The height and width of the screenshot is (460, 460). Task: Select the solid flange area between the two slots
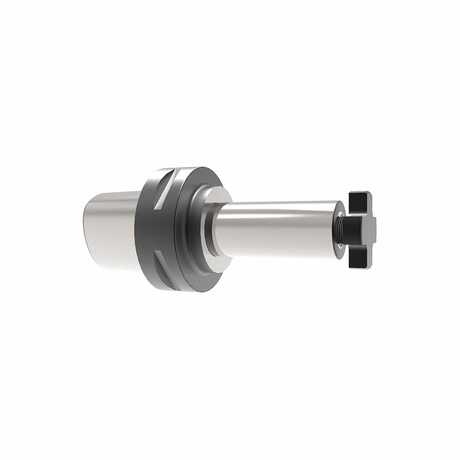click(x=152, y=225)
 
